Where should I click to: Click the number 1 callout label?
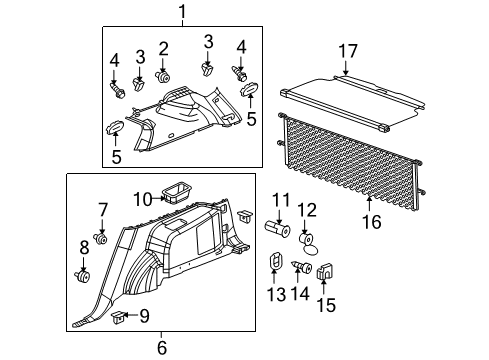[183, 12]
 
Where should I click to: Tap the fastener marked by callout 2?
[162, 75]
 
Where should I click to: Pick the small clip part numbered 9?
[120, 318]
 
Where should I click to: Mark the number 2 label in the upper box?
[163, 48]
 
